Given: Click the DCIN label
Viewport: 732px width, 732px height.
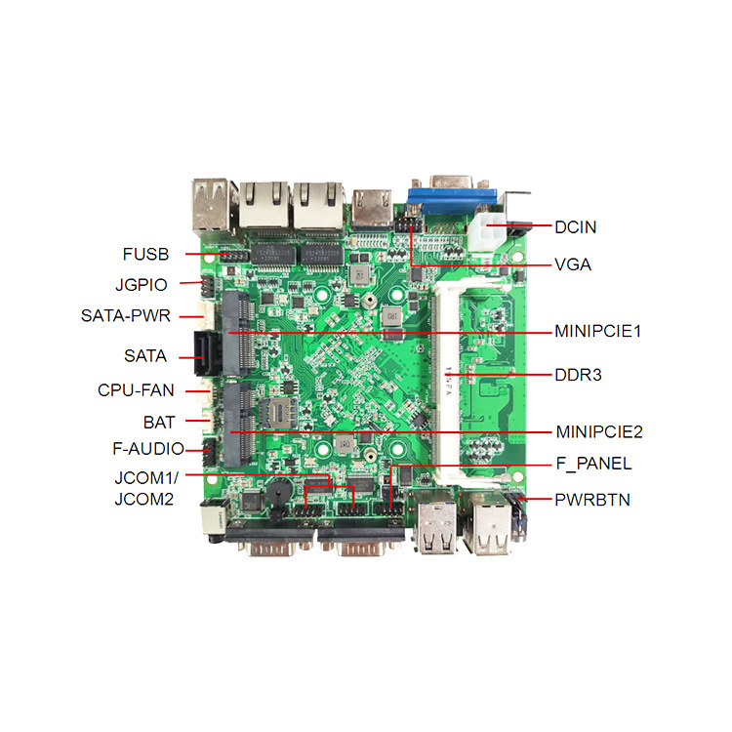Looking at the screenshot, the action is coord(575,227).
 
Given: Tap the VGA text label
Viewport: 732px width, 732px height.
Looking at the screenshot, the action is coord(573,264).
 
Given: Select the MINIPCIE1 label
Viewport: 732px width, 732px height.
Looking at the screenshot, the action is coord(598,331).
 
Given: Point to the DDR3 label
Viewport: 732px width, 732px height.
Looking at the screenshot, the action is coord(578,375).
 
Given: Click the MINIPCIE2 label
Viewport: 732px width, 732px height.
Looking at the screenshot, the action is coord(599,431).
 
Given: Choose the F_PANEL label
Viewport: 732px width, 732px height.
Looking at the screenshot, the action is coord(593,464).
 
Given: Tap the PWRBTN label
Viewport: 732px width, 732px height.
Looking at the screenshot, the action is coord(592,500).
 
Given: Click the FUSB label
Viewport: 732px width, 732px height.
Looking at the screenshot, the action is coord(145,255).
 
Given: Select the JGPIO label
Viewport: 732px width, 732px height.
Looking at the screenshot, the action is coord(141,285).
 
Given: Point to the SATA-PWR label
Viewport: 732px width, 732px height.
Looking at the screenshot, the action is coord(126,315).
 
